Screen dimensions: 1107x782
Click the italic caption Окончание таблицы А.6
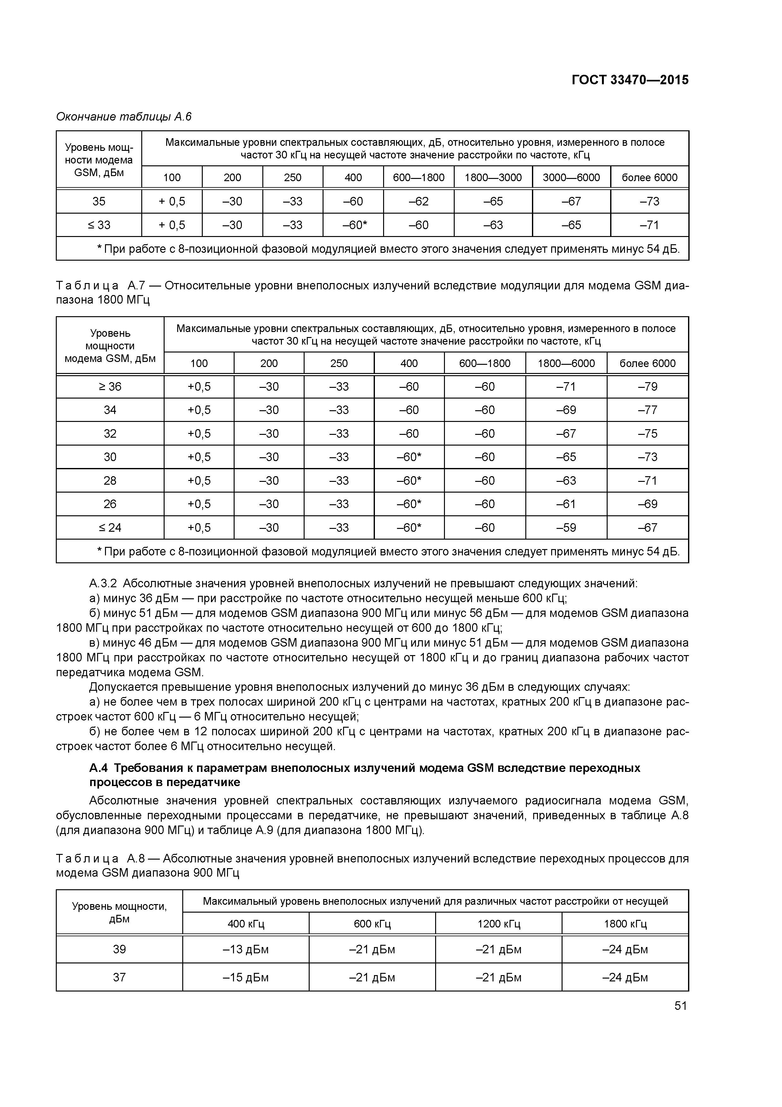click(x=124, y=117)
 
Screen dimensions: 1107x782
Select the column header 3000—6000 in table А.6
click(x=571, y=177)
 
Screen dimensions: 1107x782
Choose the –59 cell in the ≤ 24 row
click(x=566, y=527)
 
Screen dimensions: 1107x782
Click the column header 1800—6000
click(x=566, y=364)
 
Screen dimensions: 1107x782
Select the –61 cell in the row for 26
click(x=566, y=504)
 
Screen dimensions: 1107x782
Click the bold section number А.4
click(x=99, y=768)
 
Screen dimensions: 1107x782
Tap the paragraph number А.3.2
click(x=102, y=584)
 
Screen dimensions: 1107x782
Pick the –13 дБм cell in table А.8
click(x=245, y=949)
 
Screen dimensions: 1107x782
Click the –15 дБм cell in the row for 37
click(x=245, y=977)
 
